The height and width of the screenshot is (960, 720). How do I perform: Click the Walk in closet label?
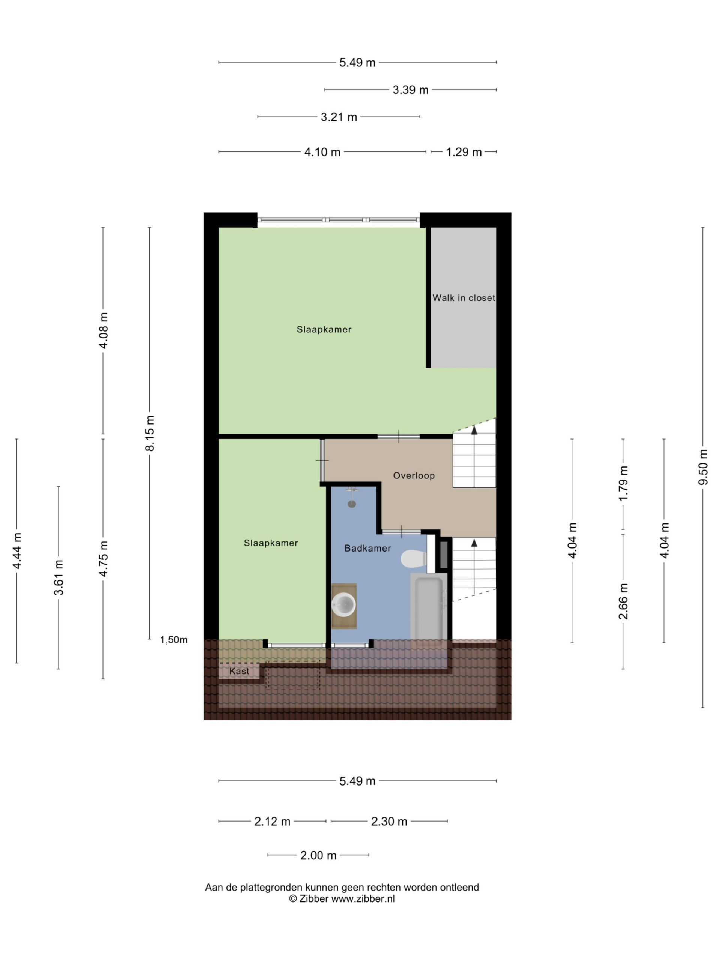[x=463, y=298]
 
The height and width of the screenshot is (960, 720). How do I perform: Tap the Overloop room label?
[x=414, y=475]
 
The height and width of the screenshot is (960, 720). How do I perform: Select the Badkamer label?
[x=367, y=548]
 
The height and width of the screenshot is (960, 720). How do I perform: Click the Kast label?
[x=239, y=671]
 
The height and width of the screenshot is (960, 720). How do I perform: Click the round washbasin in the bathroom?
[x=344, y=604]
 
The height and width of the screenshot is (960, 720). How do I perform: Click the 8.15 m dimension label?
[x=150, y=433]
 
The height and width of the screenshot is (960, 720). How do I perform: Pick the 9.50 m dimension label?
[x=703, y=467]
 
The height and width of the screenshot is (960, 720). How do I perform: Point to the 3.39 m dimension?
[x=410, y=90]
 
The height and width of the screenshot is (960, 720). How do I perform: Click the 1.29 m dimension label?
[x=463, y=152]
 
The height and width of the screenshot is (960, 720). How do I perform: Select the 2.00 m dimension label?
[x=318, y=855]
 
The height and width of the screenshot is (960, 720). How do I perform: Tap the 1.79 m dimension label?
[x=623, y=483]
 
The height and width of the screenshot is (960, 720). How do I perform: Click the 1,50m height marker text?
[x=174, y=640]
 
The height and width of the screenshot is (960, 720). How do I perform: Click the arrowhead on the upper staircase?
[x=474, y=430]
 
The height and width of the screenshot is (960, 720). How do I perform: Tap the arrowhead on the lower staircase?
[x=474, y=543]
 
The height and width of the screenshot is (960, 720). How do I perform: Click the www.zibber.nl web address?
[x=363, y=899]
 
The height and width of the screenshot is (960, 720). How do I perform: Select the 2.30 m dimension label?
[x=389, y=822]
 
